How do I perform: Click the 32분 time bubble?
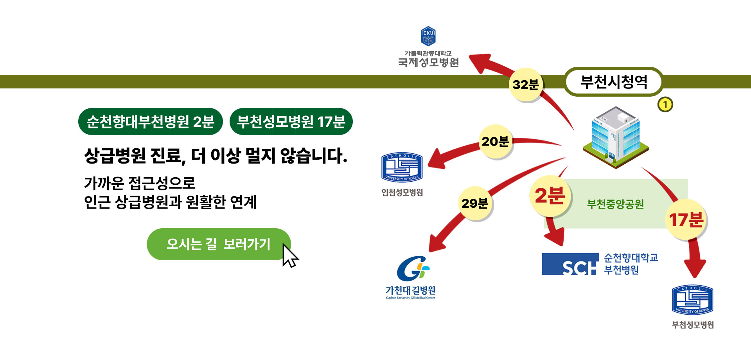click(x=526, y=85)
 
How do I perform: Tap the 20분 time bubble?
click(x=495, y=141)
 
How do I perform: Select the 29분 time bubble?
click(x=475, y=203)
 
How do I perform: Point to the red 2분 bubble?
click(x=550, y=196)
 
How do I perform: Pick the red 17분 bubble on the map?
click(x=686, y=220)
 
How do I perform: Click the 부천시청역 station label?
click(x=613, y=82)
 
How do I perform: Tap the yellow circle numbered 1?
click(x=665, y=105)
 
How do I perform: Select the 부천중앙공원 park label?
click(x=615, y=204)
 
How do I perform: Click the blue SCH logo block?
click(x=570, y=264)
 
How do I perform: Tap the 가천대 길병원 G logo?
click(x=413, y=268)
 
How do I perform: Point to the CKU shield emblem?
click(x=428, y=36)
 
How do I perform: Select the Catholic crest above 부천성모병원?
click(x=692, y=300)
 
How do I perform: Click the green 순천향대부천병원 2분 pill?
click(x=151, y=122)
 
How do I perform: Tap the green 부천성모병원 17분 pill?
click(x=291, y=122)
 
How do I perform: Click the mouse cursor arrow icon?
click(x=289, y=256)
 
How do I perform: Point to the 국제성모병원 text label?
click(x=428, y=63)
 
